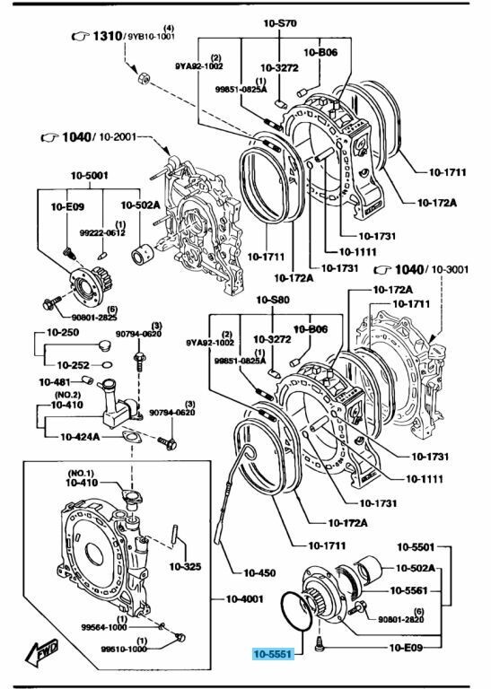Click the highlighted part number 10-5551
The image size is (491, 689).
273,656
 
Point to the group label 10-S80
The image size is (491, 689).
272,300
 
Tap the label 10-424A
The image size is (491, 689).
81,437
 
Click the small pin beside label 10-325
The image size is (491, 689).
178,545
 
